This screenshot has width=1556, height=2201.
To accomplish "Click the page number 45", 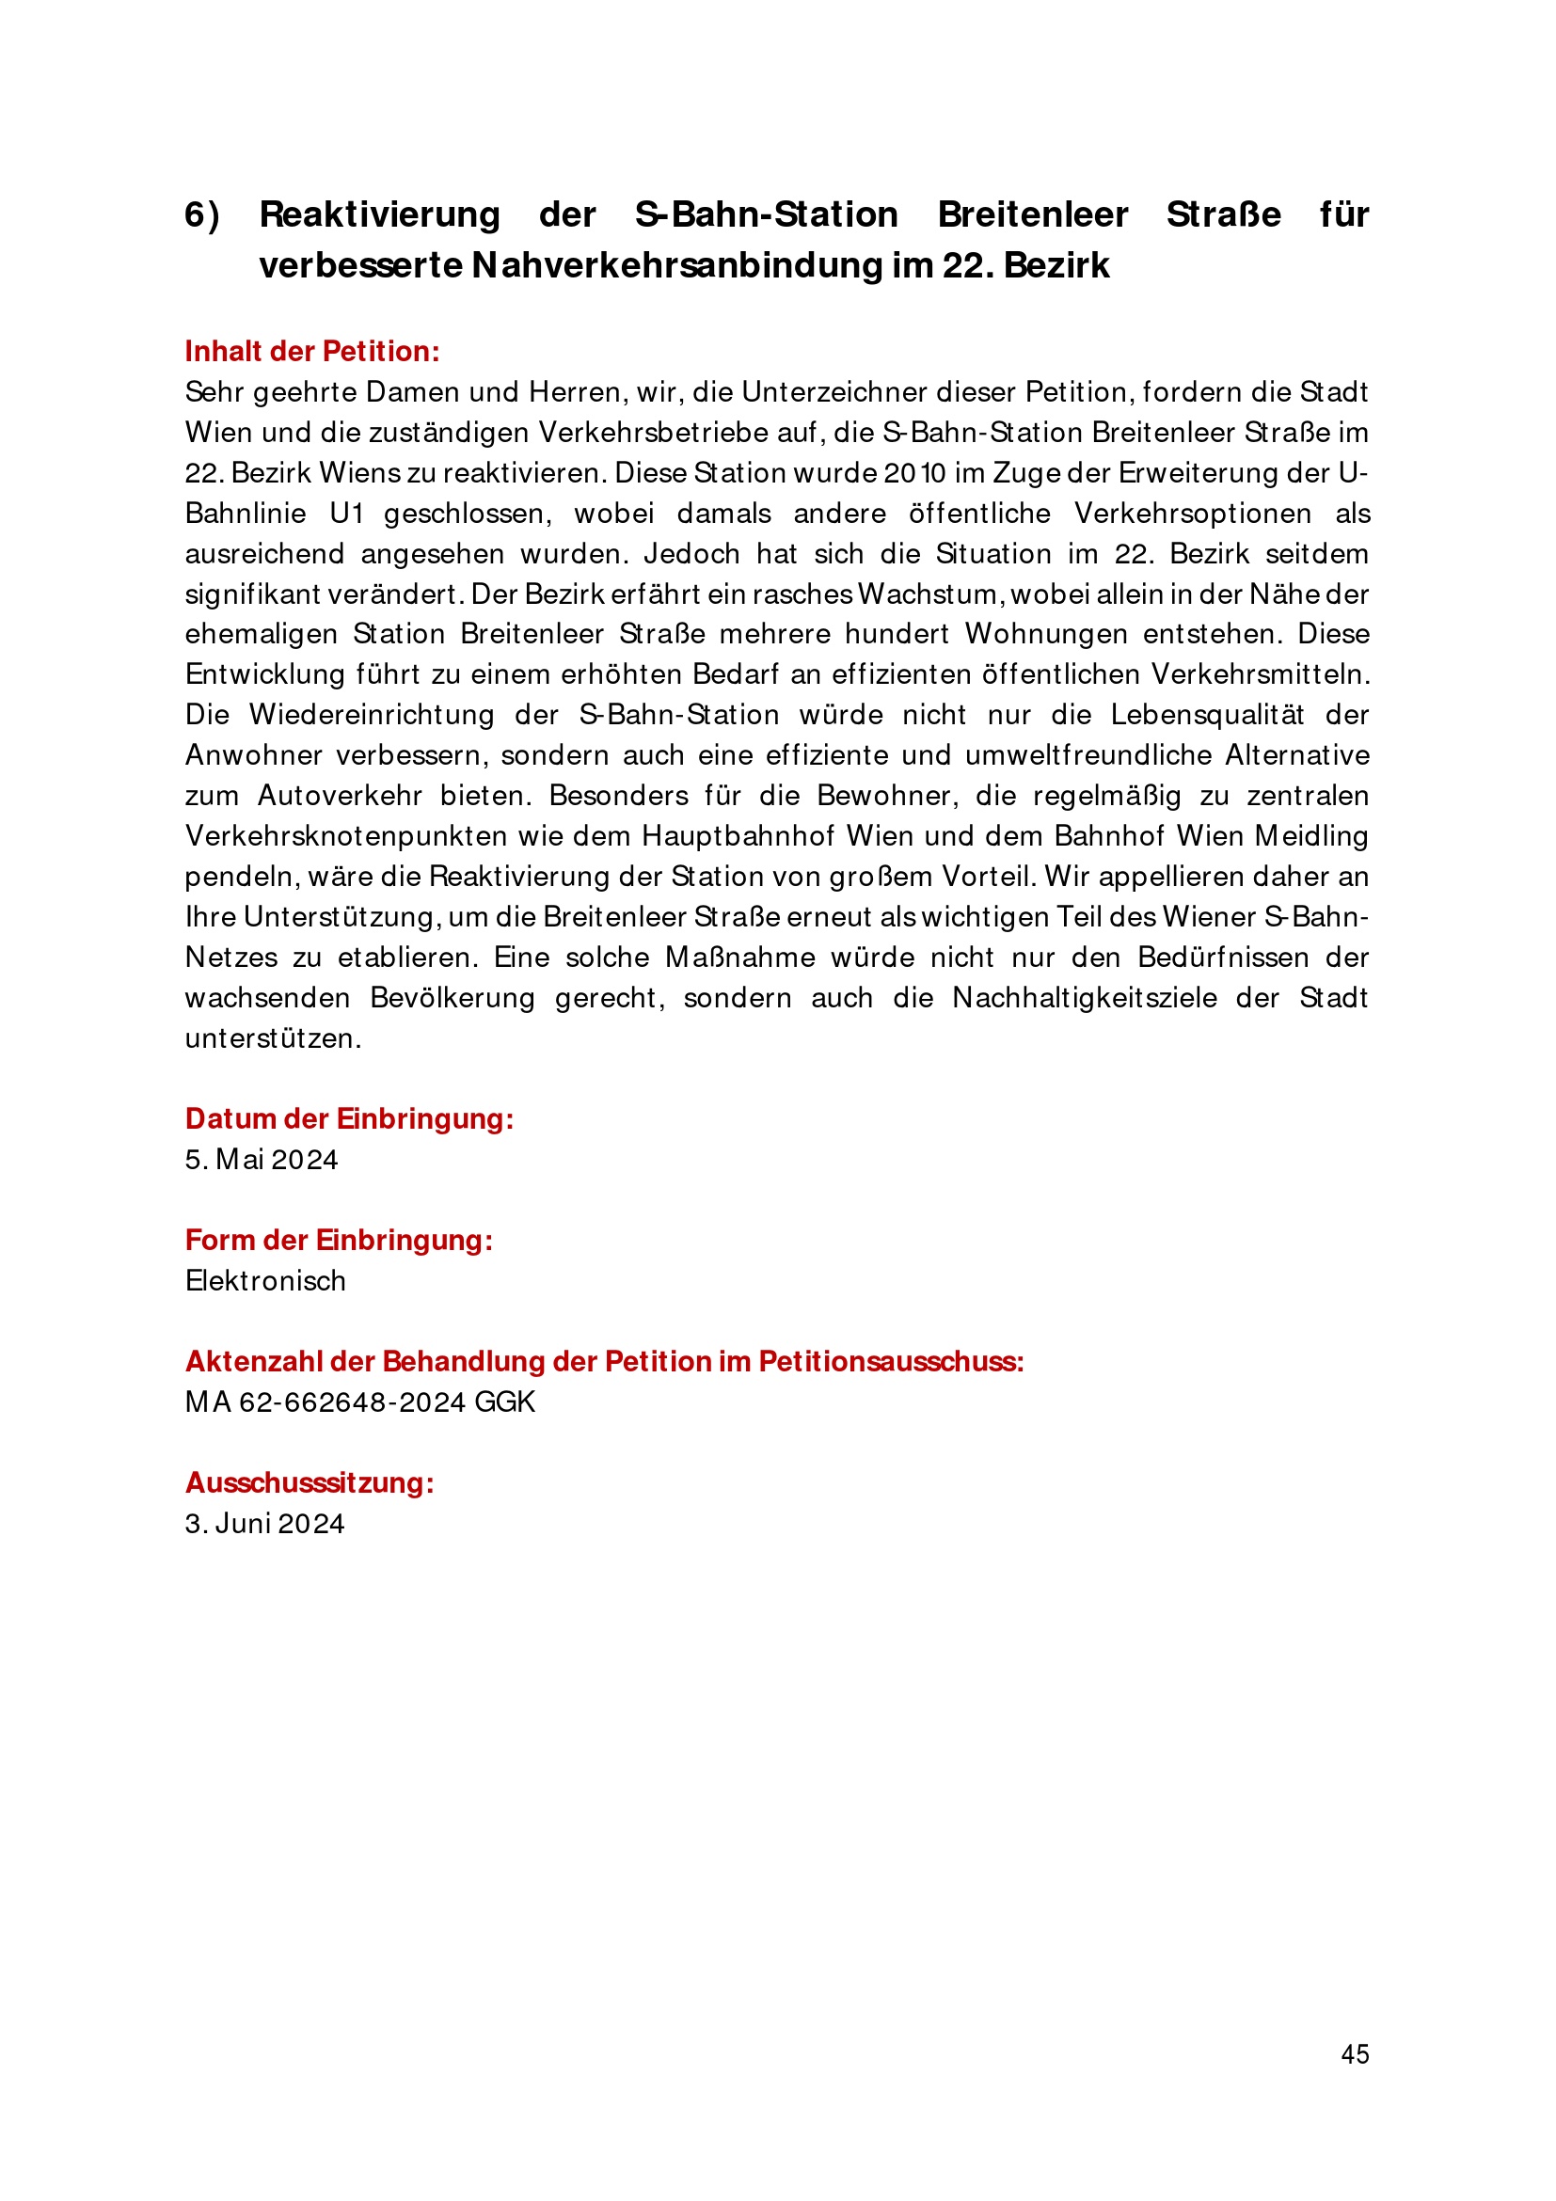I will (1355, 2053).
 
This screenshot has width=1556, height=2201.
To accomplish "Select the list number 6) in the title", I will (202, 214).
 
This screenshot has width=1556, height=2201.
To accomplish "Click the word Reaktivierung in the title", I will (380, 214).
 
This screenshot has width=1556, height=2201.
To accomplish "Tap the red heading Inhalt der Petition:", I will (312, 352).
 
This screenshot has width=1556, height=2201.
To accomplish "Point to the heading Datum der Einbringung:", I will (349, 1118).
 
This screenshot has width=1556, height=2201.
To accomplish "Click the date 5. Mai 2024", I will (262, 1160).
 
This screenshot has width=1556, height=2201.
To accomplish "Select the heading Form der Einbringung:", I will (339, 1241).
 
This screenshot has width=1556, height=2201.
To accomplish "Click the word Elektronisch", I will (265, 1281).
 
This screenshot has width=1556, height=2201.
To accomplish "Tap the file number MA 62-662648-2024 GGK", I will (359, 1402).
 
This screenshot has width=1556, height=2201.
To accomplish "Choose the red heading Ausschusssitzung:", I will (310, 1483).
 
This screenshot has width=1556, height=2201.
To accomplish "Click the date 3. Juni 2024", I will (264, 1523).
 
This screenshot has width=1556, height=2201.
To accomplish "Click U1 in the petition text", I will (347, 514).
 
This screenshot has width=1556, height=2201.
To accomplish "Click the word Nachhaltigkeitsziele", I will (1085, 998).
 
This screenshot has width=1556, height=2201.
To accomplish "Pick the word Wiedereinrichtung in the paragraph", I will (372, 715).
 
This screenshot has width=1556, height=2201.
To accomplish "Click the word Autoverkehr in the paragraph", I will (341, 796).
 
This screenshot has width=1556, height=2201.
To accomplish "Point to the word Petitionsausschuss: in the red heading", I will (892, 1361).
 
